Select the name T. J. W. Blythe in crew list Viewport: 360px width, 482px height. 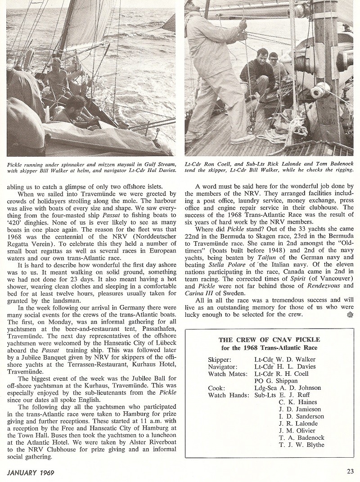click(x=301, y=445)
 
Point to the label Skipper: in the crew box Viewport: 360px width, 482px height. click(x=222, y=359)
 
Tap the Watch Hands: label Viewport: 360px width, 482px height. click(x=228, y=395)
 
